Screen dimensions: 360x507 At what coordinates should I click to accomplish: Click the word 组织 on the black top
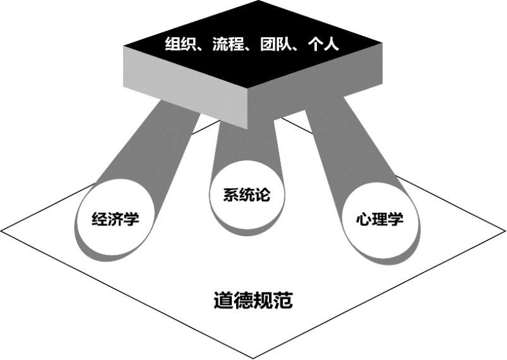[177, 46]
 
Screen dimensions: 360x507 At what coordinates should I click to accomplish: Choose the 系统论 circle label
[247, 195]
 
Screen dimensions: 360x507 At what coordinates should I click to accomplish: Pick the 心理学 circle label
[379, 220]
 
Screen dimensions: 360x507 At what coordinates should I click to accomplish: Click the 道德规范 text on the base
[253, 299]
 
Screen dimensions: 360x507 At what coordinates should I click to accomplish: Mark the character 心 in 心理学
[364, 220]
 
